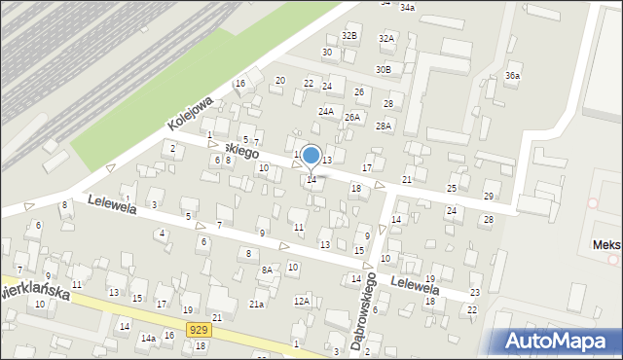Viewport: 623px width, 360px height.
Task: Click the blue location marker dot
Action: (311, 155)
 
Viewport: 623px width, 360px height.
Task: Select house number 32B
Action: (349, 36)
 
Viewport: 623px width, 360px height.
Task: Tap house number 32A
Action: (386, 39)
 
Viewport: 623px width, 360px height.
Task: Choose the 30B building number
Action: (384, 70)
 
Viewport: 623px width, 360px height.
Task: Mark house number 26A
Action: (352, 118)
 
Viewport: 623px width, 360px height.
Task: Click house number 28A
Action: (384, 126)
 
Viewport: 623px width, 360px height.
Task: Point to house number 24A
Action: (325, 111)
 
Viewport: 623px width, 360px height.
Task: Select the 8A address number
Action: (267, 270)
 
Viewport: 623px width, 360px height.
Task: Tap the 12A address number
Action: (302, 301)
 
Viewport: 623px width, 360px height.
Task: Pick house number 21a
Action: (256, 305)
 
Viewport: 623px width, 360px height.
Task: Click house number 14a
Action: (147, 338)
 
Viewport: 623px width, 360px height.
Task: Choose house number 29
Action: (489, 197)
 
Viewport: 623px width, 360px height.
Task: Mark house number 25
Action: (452, 188)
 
